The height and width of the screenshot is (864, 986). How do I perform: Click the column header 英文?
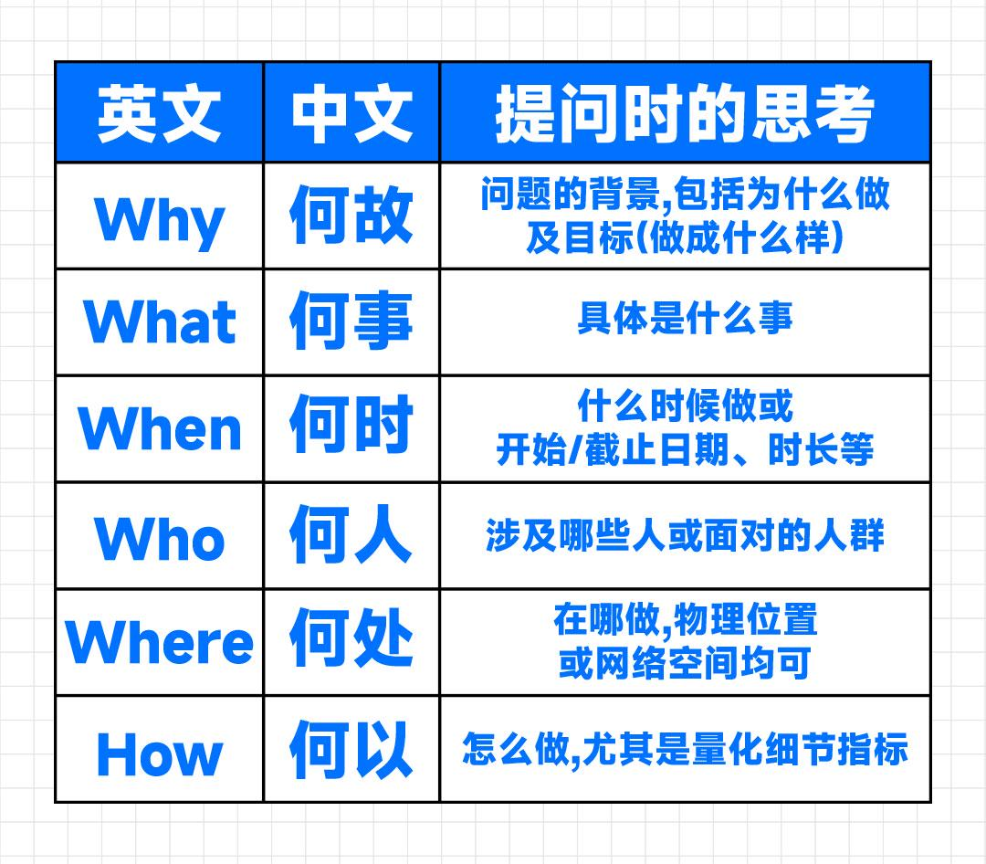pos(159,113)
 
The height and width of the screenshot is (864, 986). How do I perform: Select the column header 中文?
pos(351,113)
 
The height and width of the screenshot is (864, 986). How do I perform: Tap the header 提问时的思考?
pos(685,113)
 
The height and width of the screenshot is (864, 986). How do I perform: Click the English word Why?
pos(159,219)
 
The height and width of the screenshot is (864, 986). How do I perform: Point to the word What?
pos(159,321)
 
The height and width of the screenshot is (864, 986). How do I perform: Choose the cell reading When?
pos(159,428)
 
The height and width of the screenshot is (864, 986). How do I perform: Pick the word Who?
pos(159,537)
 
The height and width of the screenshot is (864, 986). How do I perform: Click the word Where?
pos(159,642)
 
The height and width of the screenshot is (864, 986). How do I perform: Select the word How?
pos(159,753)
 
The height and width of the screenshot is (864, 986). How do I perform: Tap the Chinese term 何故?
pos(351,216)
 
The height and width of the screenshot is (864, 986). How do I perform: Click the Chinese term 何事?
pos(351,321)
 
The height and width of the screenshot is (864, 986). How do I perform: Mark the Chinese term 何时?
pos(351,427)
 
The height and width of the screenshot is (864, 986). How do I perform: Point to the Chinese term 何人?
pos(351,535)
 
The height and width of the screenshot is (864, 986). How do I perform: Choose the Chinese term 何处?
pos(351,641)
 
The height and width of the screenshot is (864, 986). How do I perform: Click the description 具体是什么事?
pos(685,319)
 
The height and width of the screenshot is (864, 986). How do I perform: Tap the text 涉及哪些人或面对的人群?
pos(685,535)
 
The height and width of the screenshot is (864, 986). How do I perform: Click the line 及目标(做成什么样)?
pos(685,239)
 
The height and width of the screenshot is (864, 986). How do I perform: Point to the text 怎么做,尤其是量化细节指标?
pos(685,749)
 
